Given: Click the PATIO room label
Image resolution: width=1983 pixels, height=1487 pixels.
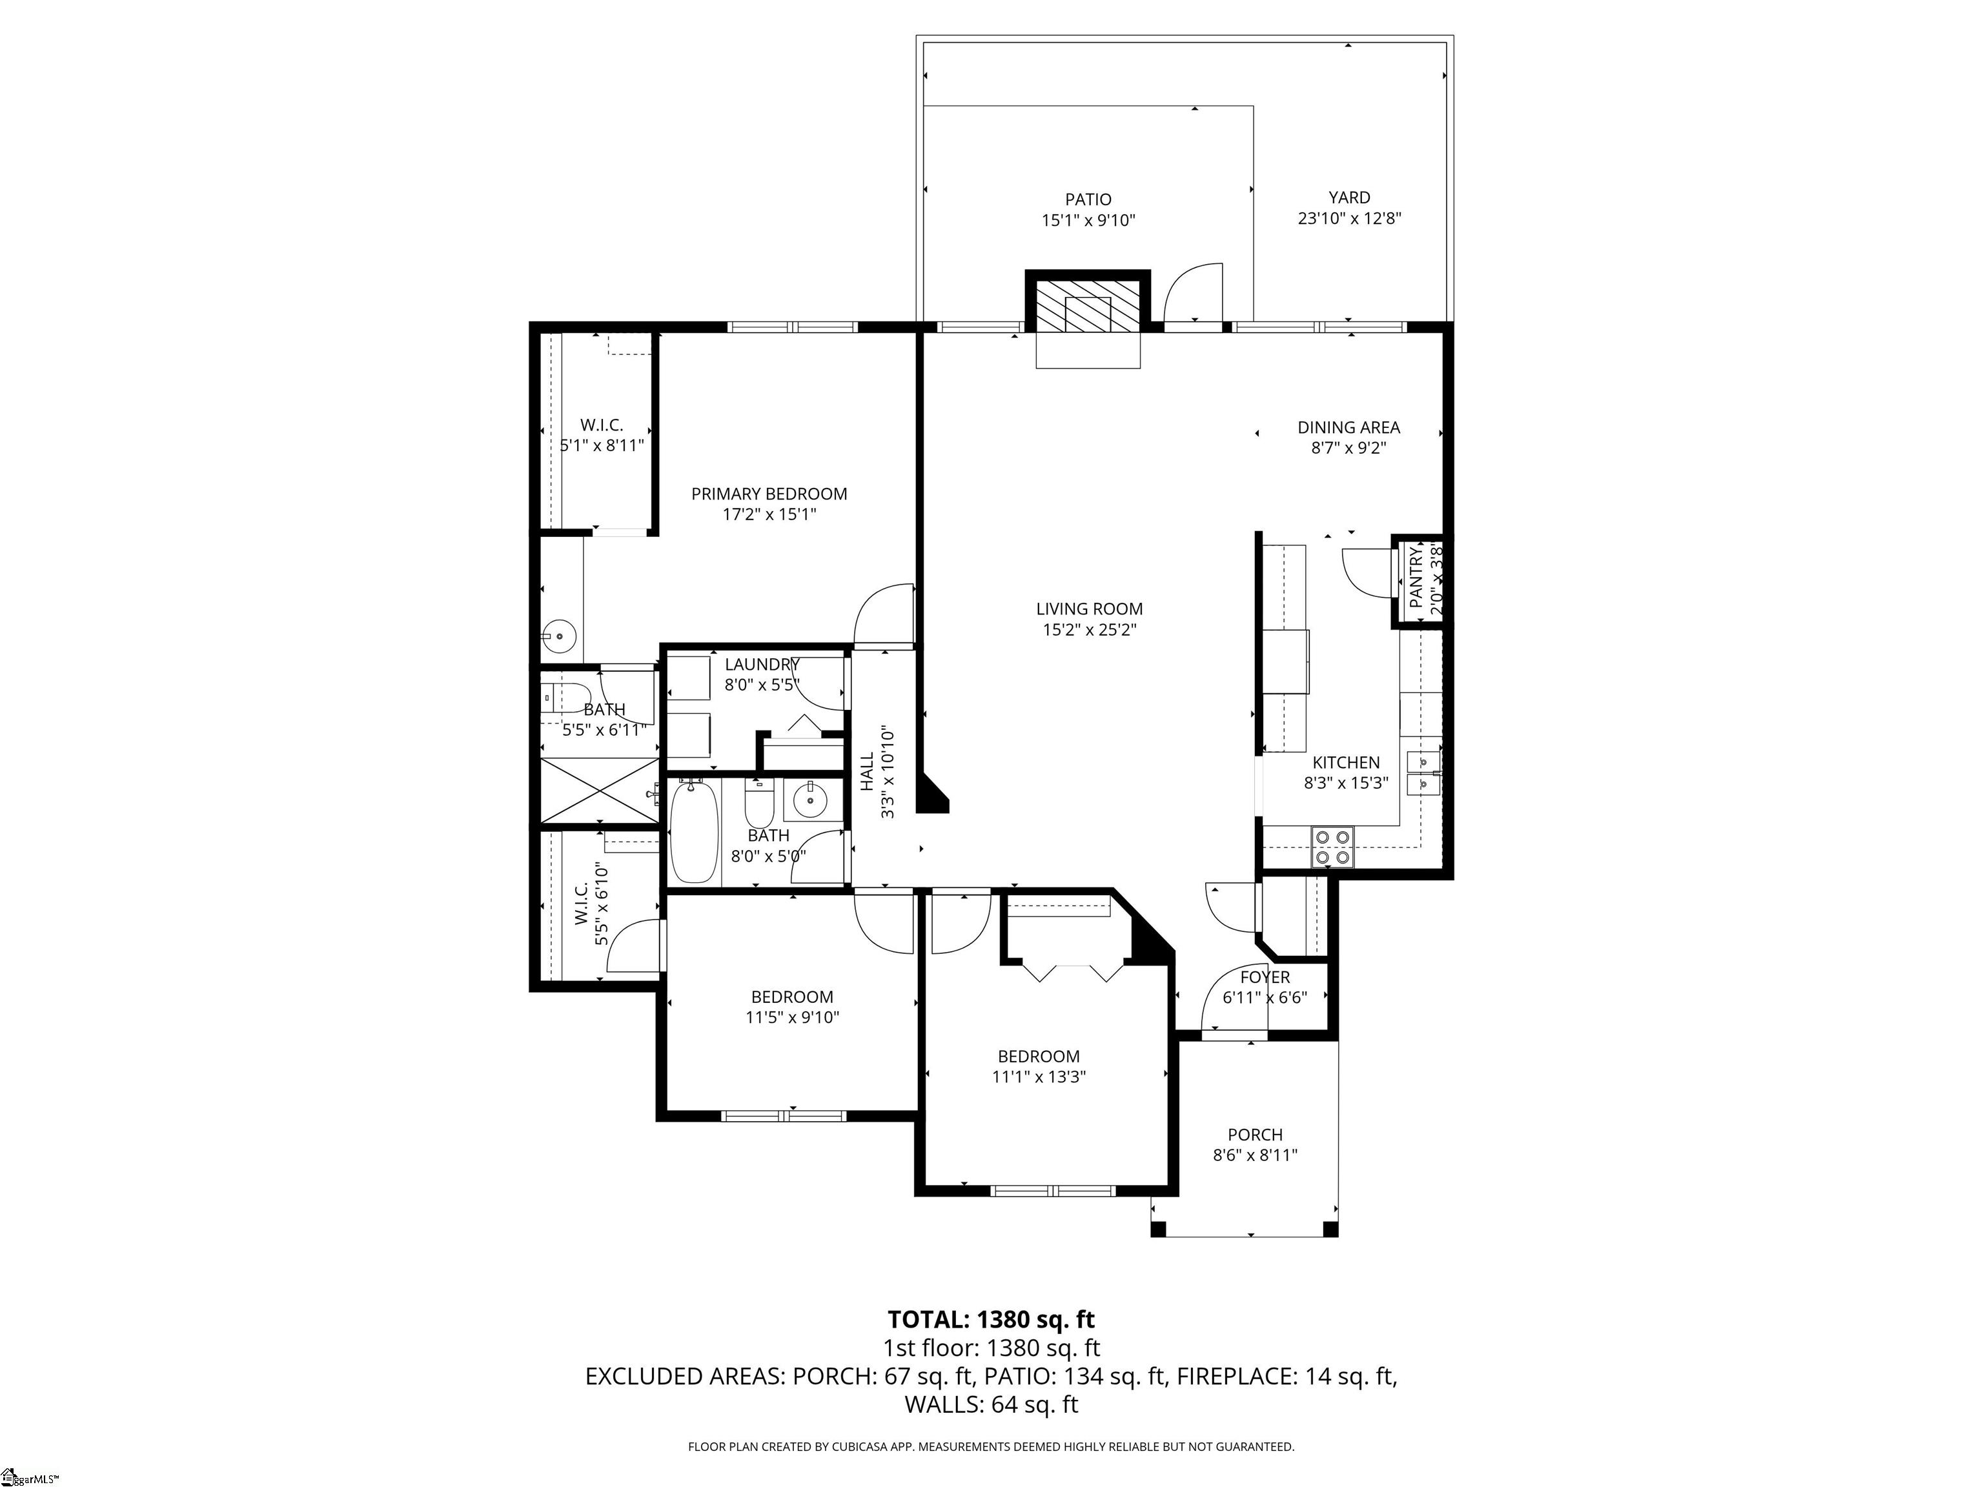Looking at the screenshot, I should (1088, 199).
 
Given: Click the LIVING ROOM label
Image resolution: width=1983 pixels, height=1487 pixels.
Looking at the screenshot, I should (1089, 609).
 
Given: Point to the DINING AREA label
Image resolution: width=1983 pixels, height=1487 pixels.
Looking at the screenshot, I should (1348, 427).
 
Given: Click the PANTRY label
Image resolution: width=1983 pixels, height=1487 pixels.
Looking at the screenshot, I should (1416, 578).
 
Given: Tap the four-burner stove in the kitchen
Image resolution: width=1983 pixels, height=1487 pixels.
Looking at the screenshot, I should (1332, 846).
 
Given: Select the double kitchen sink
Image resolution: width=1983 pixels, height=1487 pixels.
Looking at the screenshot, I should (1423, 773).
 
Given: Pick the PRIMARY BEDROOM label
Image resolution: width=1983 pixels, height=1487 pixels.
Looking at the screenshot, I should (768, 493).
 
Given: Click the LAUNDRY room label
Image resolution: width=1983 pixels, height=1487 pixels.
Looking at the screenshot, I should (761, 664).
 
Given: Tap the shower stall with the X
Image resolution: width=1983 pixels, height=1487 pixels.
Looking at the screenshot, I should (600, 790).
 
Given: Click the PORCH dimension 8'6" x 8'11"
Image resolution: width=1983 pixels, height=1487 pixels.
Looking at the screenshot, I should (1255, 1155).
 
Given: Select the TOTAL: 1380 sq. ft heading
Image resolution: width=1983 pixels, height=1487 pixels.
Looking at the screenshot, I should (991, 1319).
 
